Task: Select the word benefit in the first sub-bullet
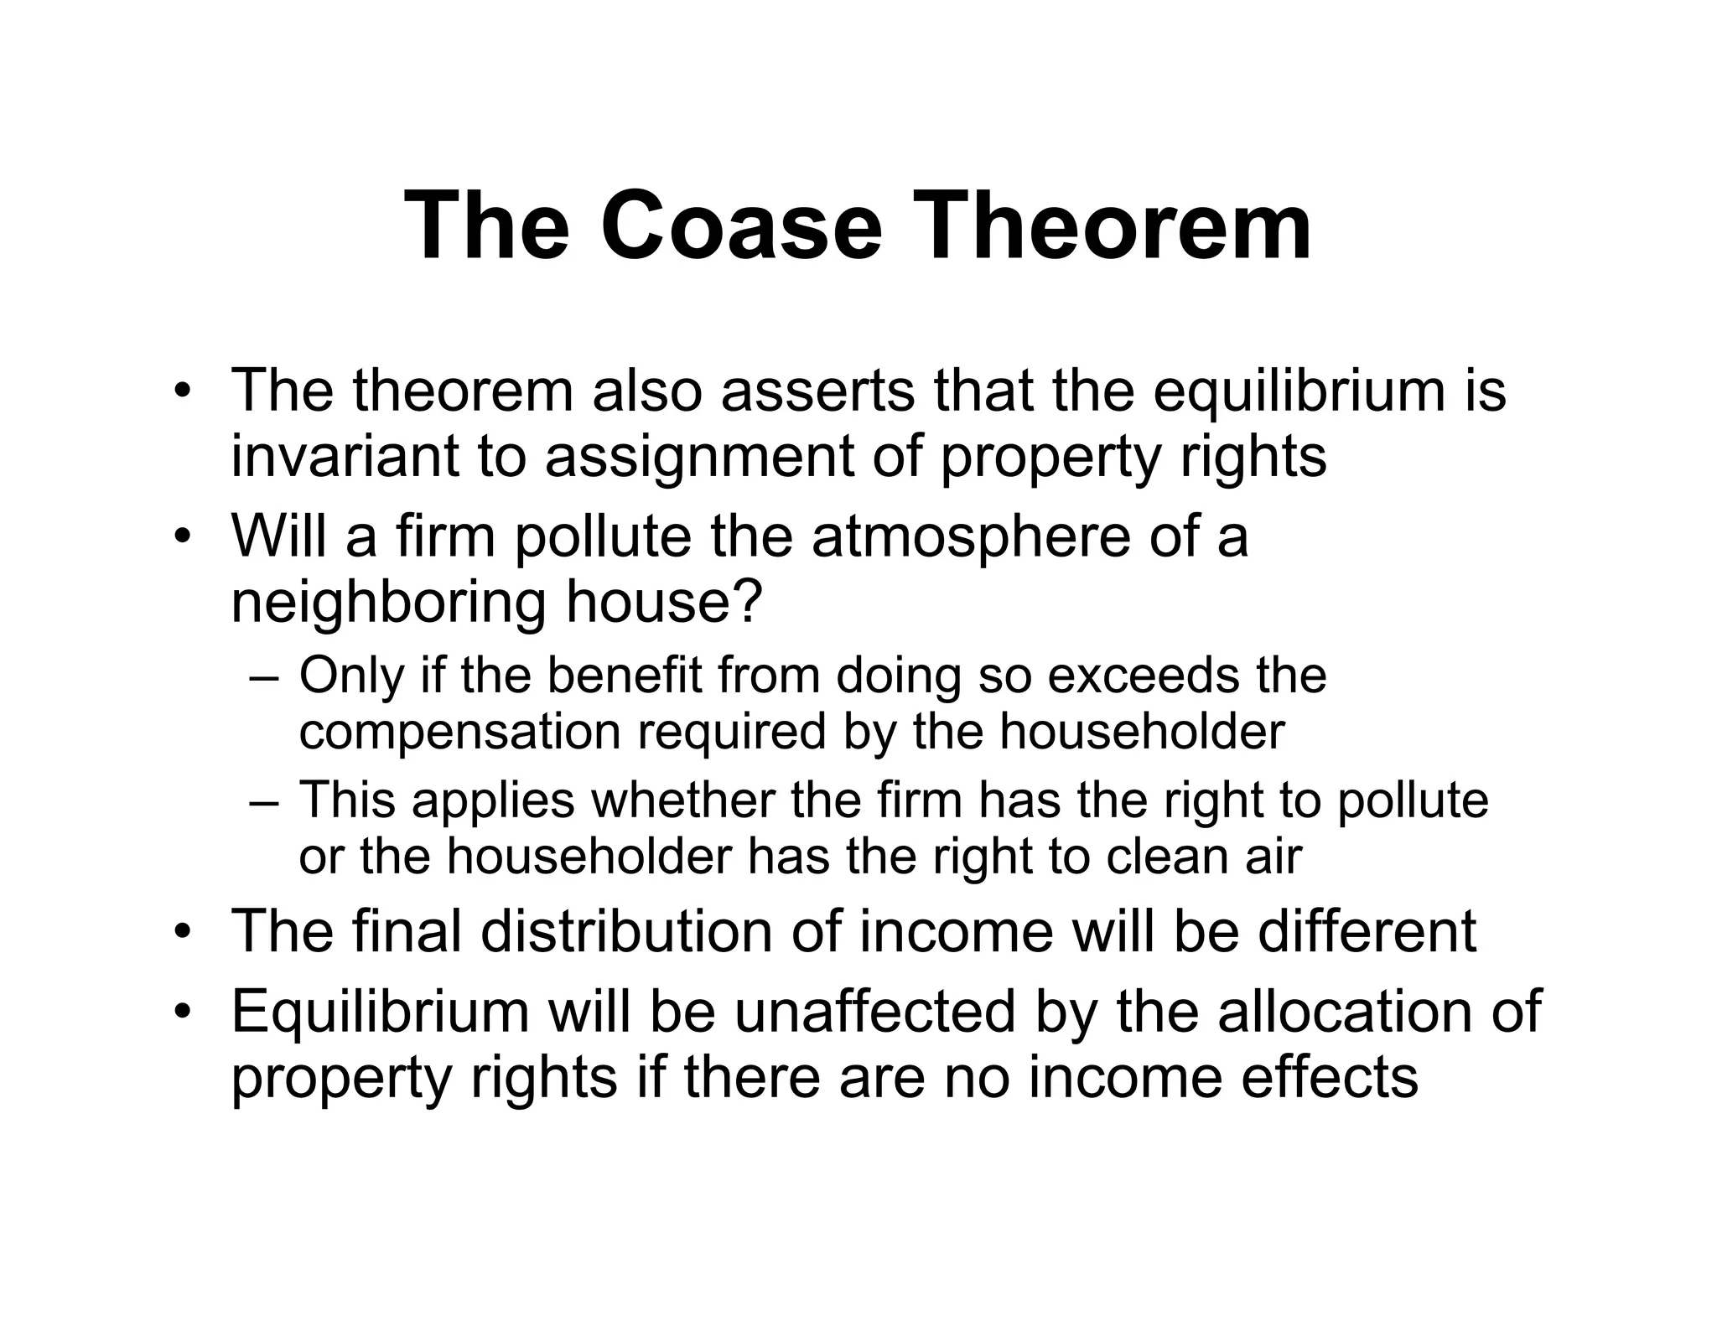[x=625, y=676]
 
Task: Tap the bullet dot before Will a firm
[x=182, y=537]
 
